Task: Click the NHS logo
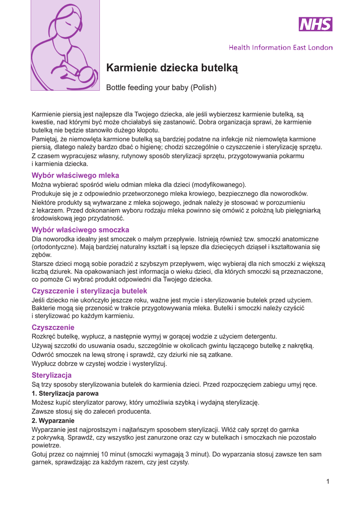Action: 315,24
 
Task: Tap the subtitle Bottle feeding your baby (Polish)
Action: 162,88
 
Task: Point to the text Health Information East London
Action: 281,48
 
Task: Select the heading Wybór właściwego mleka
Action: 75,175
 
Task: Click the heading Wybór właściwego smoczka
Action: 80,230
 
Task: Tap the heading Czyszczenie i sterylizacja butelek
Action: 89,291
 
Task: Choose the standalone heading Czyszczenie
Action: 53,327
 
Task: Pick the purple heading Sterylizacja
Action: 52,375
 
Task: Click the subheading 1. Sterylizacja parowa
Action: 65,393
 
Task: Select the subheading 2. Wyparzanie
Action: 53,420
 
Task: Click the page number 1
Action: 328,481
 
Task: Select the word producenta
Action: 130,411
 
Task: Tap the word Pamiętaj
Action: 46,139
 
